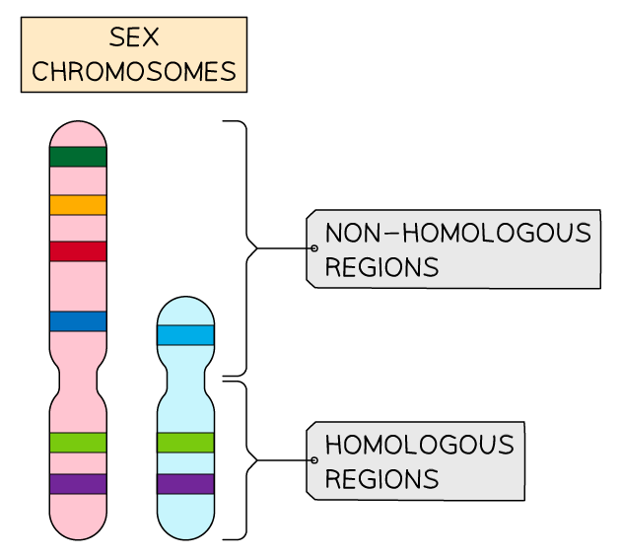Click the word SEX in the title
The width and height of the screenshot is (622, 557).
click(134, 38)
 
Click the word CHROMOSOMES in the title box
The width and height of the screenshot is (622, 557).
click(134, 72)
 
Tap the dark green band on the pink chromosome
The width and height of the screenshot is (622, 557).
click(78, 157)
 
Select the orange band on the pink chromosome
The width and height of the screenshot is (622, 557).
click(78, 205)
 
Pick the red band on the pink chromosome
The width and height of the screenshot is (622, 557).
click(78, 251)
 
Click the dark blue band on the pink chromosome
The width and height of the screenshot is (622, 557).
click(78, 321)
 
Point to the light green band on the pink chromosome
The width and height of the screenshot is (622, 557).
click(78, 443)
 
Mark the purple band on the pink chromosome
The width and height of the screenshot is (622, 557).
click(78, 484)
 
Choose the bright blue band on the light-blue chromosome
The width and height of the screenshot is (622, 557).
click(185, 335)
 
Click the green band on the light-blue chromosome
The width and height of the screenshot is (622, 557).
click(185, 443)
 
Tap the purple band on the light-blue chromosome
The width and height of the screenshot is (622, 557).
click(185, 484)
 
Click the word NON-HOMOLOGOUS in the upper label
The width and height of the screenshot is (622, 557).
click(457, 234)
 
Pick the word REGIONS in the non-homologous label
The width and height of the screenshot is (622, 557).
click(380, 267)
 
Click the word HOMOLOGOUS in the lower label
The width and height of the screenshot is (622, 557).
click(419, 446)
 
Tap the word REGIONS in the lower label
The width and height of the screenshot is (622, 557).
click(380, 479)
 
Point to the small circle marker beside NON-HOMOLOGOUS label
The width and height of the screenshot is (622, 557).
click(313, 248)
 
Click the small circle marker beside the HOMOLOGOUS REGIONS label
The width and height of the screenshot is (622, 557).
click(313, 460)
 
